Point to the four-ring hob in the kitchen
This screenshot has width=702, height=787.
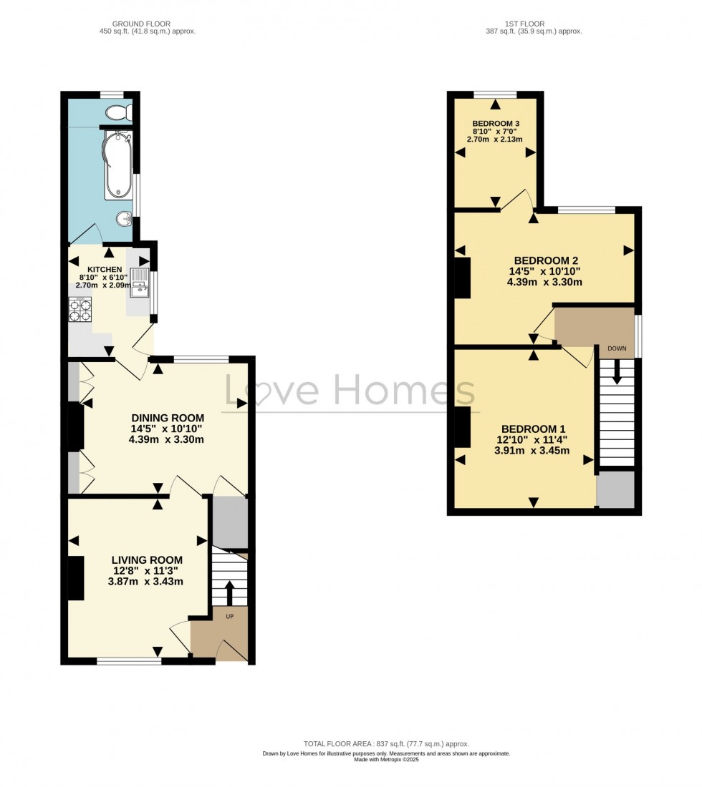80,310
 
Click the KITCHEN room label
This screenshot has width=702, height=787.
100,269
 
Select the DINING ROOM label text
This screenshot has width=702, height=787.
168,418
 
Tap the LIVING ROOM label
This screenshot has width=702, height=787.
147,559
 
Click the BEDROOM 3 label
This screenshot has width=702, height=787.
496,124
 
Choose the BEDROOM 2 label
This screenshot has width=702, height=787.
546,260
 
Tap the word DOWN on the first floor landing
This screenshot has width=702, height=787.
617,348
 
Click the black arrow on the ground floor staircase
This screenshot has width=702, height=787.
229,592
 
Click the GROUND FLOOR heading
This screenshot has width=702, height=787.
146,24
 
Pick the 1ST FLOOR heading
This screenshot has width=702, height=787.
533,24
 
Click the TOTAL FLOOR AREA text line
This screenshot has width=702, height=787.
386,744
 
